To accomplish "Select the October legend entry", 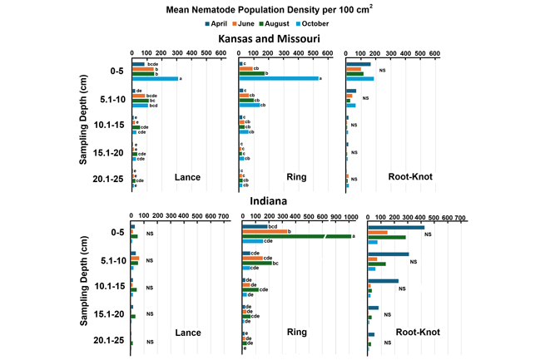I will (330, 23).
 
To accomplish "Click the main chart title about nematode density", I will (277, 8).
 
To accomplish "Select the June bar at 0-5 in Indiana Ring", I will (264, 231).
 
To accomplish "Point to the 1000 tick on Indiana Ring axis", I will (349, 216).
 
